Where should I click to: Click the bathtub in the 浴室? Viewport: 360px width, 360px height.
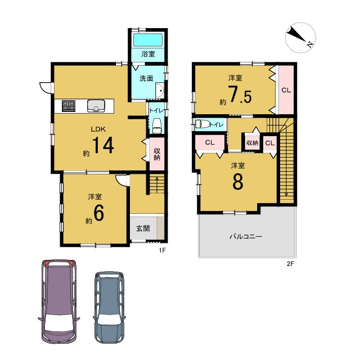pos(148,40)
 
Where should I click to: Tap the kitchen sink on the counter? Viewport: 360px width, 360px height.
pos(96,106)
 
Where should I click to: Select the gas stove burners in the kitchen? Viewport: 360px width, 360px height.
pos(69,106)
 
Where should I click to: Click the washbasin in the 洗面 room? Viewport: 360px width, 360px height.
pos(160,91)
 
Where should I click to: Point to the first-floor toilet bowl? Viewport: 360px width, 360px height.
pos(157,126)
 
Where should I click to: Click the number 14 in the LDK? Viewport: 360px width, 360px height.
pos(103,145)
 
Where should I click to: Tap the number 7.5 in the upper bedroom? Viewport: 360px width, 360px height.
pos(240,94)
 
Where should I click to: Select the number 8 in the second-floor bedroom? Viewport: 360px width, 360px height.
pos(238,181)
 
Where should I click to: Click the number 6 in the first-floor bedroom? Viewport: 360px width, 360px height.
pos(99,213)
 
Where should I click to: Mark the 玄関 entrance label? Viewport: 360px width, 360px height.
pos(143,228)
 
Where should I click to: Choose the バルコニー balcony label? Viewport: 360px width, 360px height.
pos(246,236)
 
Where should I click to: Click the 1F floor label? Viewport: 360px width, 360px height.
pos(162,250)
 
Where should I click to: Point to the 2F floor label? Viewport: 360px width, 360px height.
pos(290,264)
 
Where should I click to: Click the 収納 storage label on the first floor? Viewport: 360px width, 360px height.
pos(157,154)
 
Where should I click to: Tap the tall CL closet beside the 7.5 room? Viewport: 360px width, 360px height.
pos(286,90)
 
